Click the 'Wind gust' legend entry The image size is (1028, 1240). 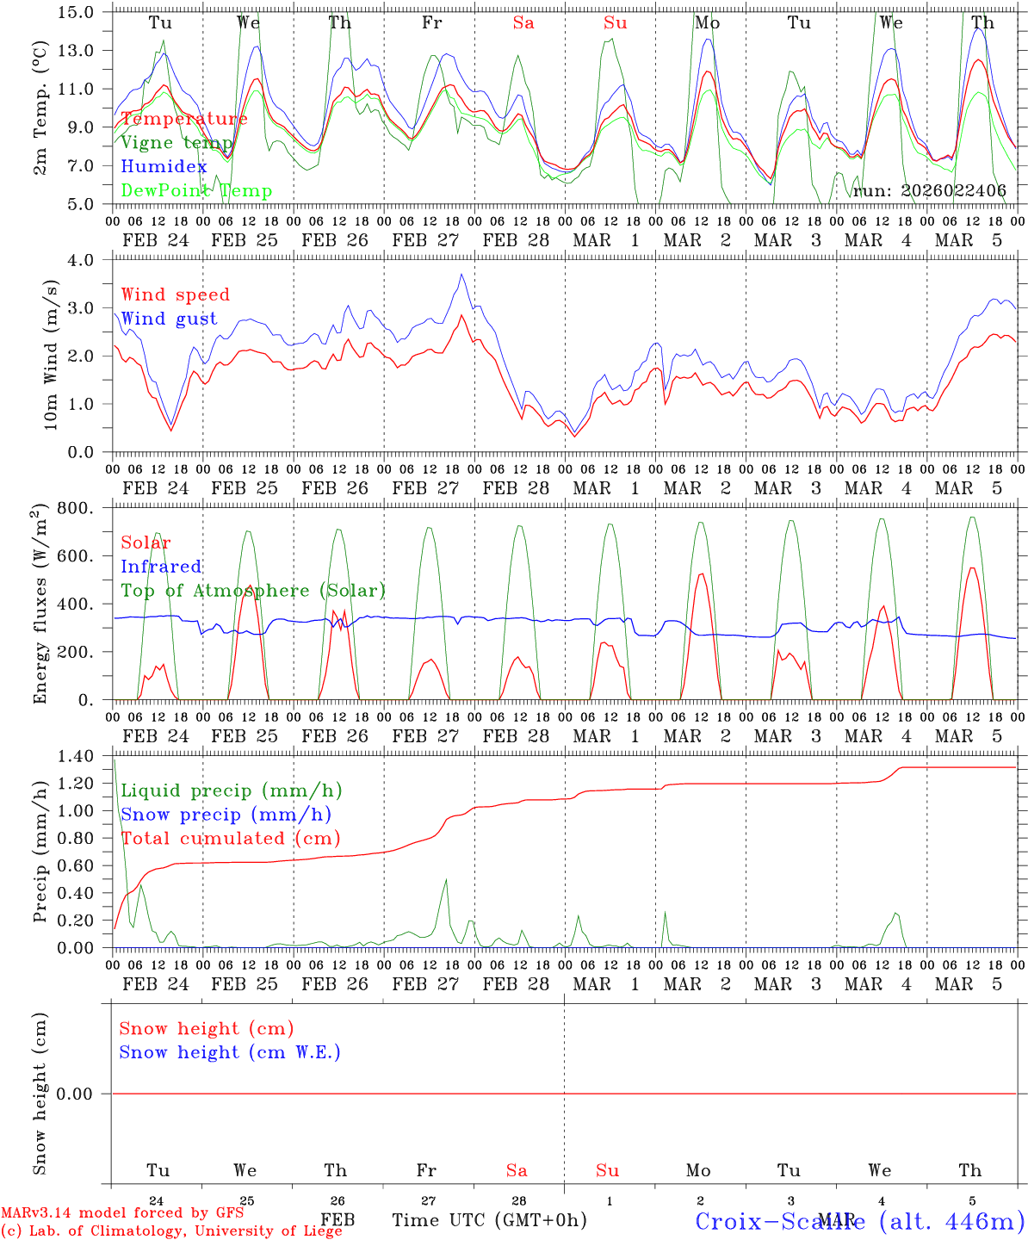(169, 319)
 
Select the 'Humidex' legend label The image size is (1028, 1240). (164, 166)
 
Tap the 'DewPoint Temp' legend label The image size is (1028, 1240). (196, 190)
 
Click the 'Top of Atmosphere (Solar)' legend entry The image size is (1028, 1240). (253, 591)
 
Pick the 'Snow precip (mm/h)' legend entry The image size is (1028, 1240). (226, 815)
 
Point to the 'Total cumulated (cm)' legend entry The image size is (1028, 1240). (231, 838)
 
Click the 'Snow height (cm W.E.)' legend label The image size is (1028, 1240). (230, 1052)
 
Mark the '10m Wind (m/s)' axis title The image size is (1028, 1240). (52, 356)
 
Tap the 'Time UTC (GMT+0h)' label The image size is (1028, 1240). (490, 1220)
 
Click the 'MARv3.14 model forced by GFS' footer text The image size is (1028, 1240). (122, 1213)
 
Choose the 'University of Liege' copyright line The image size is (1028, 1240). (171, 1231)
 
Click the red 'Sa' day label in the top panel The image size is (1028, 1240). (523, 22)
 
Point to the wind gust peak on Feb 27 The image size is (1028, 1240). (461, 275)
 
